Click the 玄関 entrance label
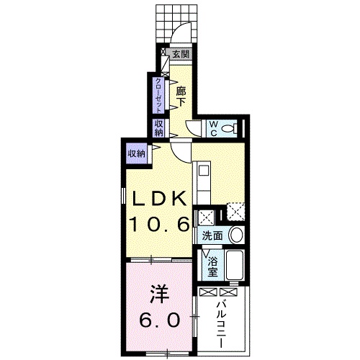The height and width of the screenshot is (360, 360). [x=181, y=54]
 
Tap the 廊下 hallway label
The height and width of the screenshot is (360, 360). [x=181, y=94]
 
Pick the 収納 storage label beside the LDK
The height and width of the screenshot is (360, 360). [x=136, y=152]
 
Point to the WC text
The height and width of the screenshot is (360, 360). [x=214, y=128]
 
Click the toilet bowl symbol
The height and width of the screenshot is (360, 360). [x=230, y=128]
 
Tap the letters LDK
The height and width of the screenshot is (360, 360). [x=158, y=198]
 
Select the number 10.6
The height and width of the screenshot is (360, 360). [x=158, y=225]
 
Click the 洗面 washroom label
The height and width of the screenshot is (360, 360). [x=211, y=235]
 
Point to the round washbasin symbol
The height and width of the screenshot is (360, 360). [x=235, y=235]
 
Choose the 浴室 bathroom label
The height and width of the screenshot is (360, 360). [x=212, y=267]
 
